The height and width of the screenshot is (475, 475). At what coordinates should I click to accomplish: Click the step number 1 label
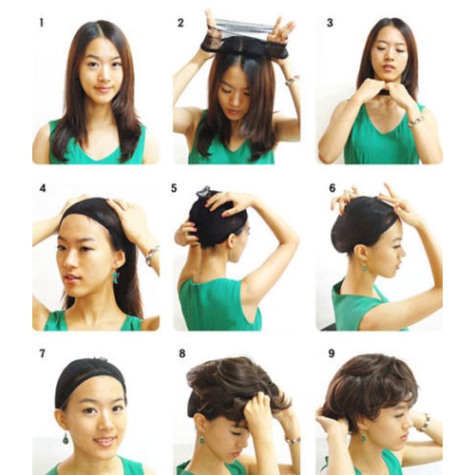point(41,23)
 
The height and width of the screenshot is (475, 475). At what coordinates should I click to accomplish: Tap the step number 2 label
point(180,23)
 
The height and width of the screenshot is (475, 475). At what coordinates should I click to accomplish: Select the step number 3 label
point(330,23)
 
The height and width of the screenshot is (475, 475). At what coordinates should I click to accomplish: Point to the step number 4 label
point(42,188)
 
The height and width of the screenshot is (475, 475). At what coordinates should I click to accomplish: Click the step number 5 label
point(174,188)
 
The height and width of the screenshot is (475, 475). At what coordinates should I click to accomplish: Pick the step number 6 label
point(332,188)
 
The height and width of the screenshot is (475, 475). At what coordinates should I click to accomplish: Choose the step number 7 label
point(42,353)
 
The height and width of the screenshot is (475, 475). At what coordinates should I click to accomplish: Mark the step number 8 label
point(181,353)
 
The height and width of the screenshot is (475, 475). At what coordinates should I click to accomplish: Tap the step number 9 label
point(332,353)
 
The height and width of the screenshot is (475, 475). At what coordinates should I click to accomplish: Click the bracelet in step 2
point(292,81)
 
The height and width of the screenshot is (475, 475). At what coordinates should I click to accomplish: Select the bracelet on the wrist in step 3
point(416,122)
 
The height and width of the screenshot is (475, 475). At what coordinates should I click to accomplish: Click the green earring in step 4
point(115,276)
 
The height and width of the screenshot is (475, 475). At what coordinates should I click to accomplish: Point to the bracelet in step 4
point(152,256)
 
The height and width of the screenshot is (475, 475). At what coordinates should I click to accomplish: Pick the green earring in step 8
point(200,439)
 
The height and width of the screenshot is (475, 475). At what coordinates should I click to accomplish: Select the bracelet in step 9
point(426,422)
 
